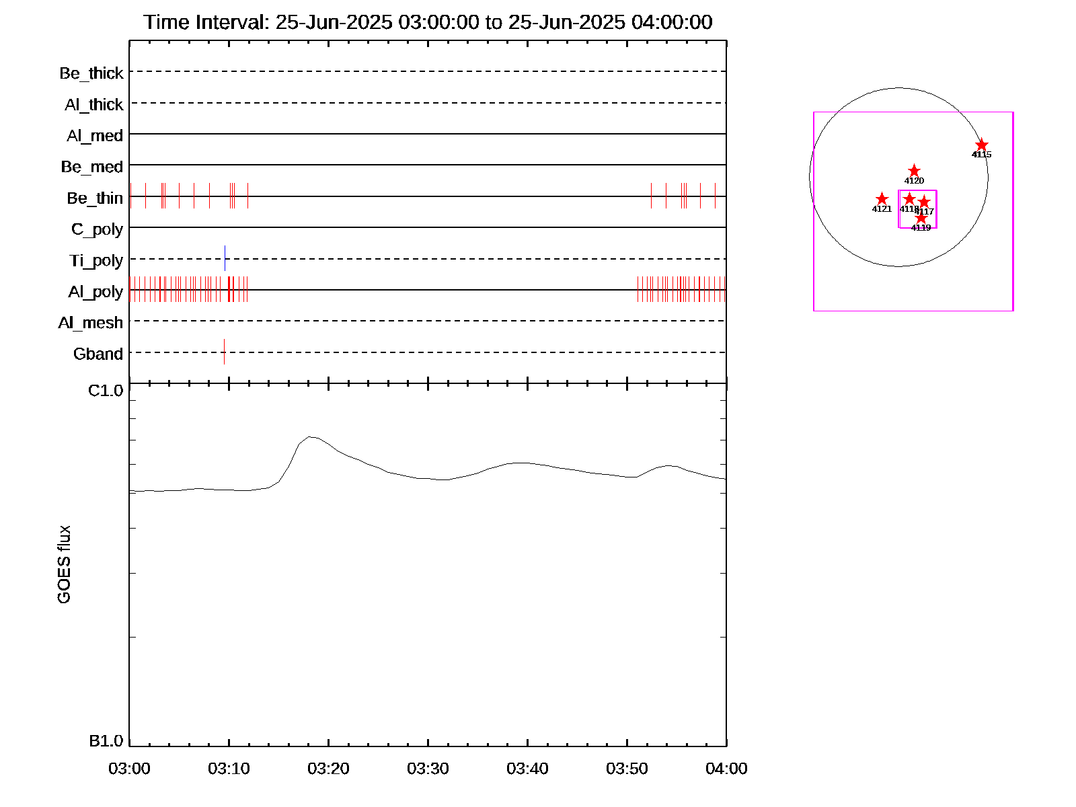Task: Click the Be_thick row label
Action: [x=91, y=73]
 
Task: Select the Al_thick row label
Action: [x=94, y=105]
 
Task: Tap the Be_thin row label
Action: [x=95, y=198]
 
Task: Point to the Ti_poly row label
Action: [x=96, y=261]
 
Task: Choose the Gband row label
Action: [x=98, y=354]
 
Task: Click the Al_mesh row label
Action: [x=91, y=323]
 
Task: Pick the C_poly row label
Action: [x=98, y=230]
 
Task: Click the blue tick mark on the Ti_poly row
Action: [x=225, y=258]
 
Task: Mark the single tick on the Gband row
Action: [x=224, y=352]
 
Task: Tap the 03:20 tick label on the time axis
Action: [x=328, y=769]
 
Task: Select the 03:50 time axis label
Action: [x=627, y=769]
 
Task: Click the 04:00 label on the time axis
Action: [x=726, y=769]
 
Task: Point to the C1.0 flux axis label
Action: [x=106, y=391]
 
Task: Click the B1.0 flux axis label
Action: [x=106, y=741]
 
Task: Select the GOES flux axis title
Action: [x=64, y=565]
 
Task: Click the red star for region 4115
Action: [x=982, y=145]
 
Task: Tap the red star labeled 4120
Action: [x=914, y=171]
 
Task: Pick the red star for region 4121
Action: [x=882, y=199]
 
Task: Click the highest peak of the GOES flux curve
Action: [x=311, y=436]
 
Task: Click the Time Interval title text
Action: [x=428, y=22]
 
